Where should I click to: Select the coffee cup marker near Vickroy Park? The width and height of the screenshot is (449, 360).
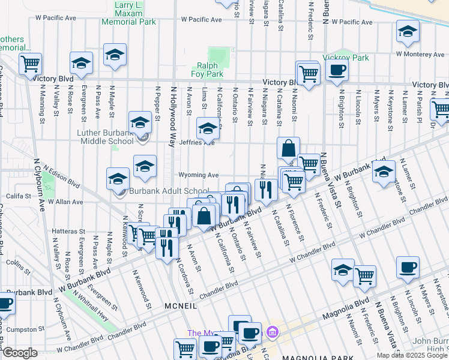pyautogui.click(x=337, y=70)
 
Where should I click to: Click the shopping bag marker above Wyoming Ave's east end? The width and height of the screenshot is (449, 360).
pyautogui.click(x=289, y=148)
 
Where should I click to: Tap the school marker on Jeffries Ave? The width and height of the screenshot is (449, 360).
pyautogui.click(x=208, y=128)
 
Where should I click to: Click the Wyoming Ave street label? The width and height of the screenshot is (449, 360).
pyautogui.click(x=197, y=175)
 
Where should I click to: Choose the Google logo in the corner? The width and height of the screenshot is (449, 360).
pyautogui.click(x=20, y=353)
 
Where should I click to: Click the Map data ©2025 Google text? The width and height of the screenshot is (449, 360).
pyautogui.click(x=412, y=355)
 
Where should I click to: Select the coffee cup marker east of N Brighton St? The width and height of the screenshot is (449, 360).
pyautogui.click(x=408, y=268)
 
